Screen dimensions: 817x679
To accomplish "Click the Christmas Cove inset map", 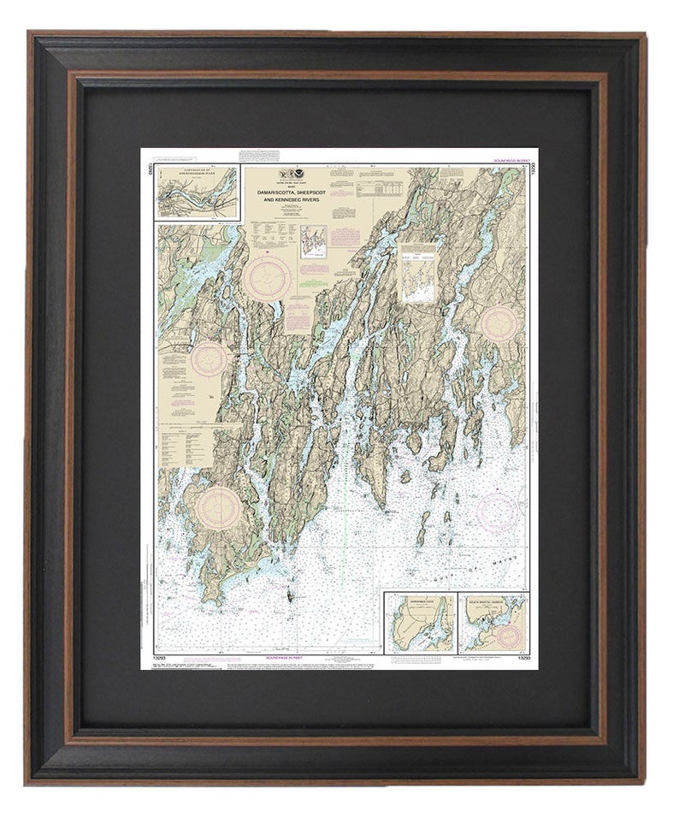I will click(420, 623).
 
